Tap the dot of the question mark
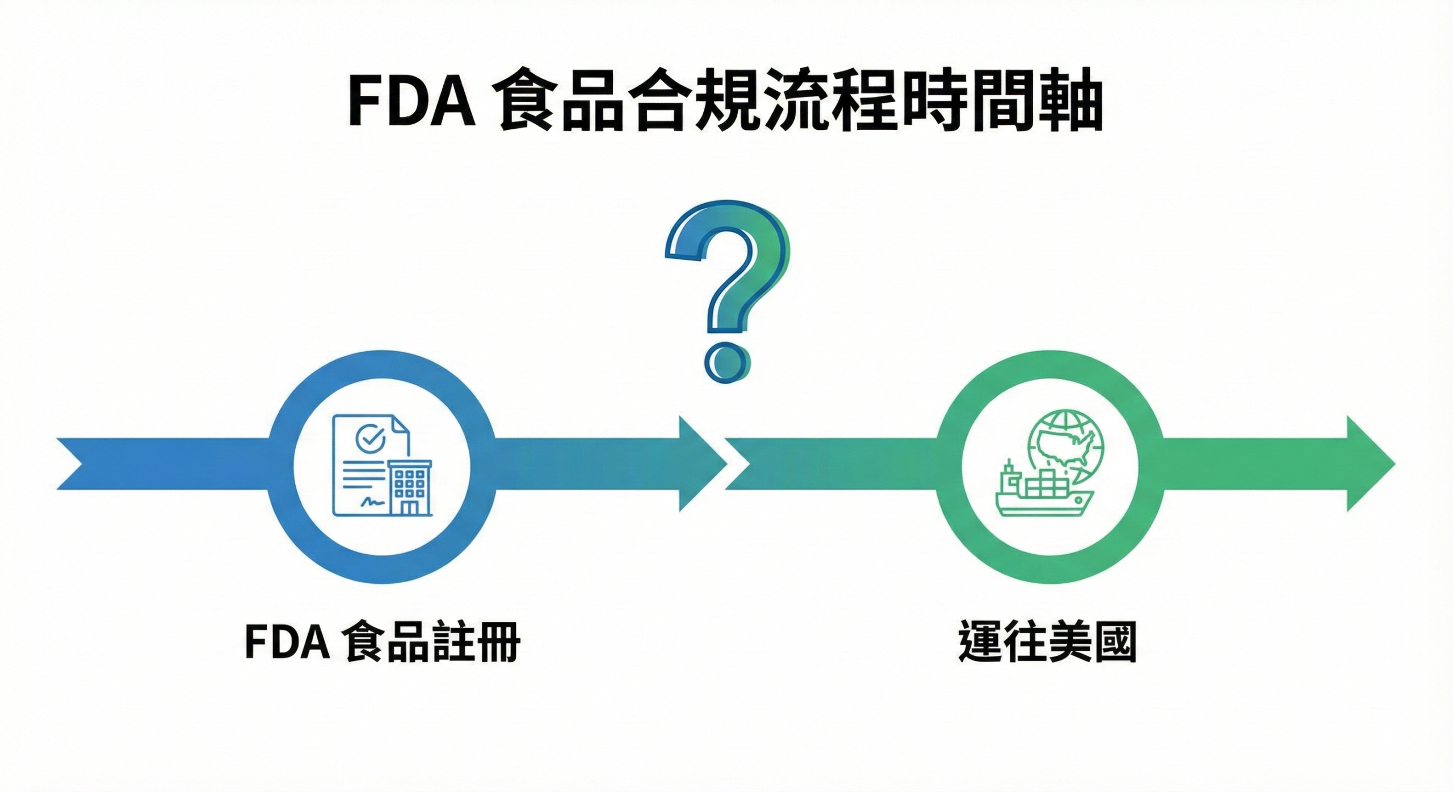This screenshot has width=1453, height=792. (x=726, y=361)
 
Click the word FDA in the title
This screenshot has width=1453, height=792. (x=411, y=106)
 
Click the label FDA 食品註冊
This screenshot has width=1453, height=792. (x=383, y=643)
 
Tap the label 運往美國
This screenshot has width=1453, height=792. (x=1047, y=643)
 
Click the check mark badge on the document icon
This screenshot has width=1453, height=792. (x=370, y=437)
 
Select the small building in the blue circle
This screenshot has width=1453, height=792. (x=409, y=487)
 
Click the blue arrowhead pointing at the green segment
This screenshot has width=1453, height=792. (x=702, y=464)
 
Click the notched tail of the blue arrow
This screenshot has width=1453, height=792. (x=77, y=464)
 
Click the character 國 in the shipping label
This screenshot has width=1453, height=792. (x=1115, y=643)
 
